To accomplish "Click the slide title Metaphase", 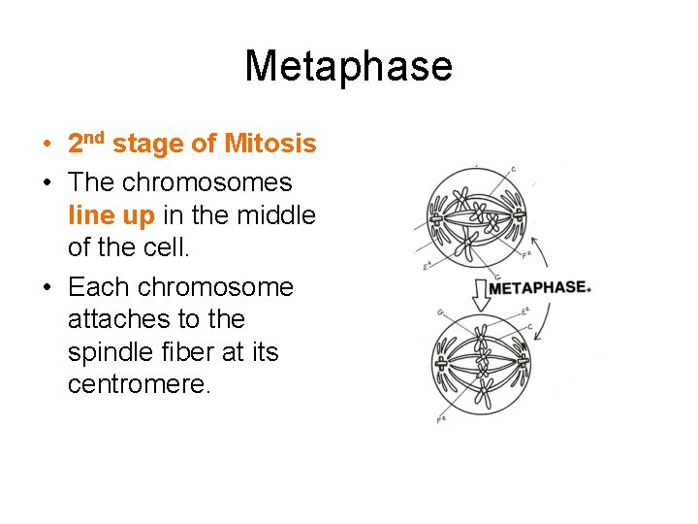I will (x=348, y=66).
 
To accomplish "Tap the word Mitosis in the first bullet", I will (x=270, y=145).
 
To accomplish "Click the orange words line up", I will (x=111, y=215).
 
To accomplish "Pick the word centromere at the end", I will (x=138, y=385).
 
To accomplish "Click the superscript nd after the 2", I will (x=95, y=137).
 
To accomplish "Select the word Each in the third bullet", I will (x=99, y=287).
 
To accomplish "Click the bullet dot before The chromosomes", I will (x=48, y=183).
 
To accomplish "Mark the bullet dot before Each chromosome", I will (x=48, y=288).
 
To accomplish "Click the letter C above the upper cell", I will (x=513, y=170).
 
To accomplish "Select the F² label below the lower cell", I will (x=441, y=420).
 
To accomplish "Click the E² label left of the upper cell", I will (x=427, y=263).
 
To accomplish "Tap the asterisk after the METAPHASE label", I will (x=588, y=288).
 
